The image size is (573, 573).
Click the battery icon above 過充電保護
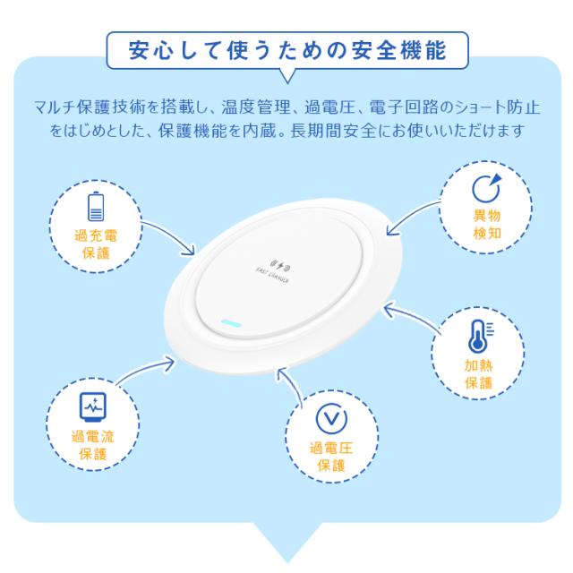coord(95,205)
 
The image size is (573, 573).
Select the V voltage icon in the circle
coord(330,420)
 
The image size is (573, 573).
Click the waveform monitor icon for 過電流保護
coord(92,406)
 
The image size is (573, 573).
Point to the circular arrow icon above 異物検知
coord(486,188)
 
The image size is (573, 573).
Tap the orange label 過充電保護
coord(95,244)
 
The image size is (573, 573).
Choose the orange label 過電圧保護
coord(330,457)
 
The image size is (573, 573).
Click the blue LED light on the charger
coord(232,321)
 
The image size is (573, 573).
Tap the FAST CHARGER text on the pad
coord(274,280)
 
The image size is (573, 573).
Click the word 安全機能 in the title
coord(406,50)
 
